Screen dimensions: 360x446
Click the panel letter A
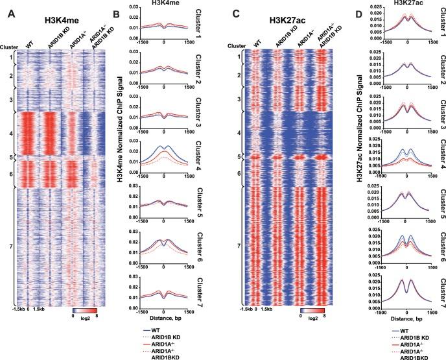(6, 9)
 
